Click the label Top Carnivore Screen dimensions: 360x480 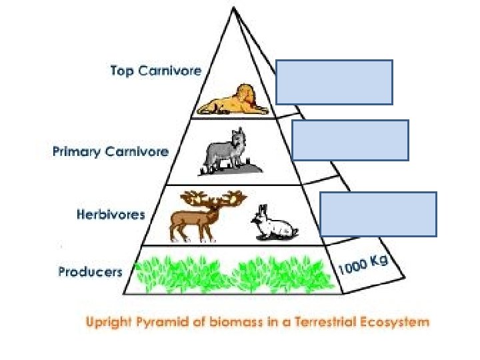pyautogui.click(x=155, y=71)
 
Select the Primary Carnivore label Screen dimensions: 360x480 pyautogui.click(x=111, y=151)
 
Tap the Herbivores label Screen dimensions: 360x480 pyautogui.click(x=111, y=215)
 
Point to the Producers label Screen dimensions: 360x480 pyautogui.click(x=90, y=271)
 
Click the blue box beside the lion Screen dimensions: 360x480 pyautogui.click(x=335, y=82)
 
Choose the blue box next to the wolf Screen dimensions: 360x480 pyautogui.click(x=350, y=140)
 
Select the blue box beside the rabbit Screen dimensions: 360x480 pyautogui.click(x=378, y=214)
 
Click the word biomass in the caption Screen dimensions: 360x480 pyautogui.click(x=227, y=322)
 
